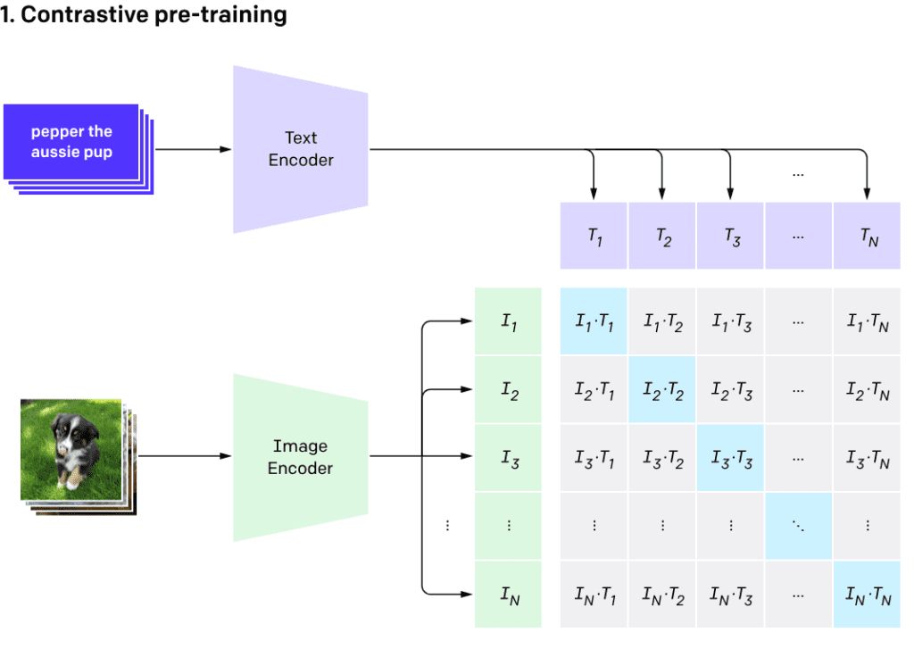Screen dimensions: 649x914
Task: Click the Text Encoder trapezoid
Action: [x=300, y=149]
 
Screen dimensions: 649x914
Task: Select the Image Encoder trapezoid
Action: [x=300, y=457]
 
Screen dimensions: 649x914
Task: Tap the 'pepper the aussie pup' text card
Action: [x=71, y=142]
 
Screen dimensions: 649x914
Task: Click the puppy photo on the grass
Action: [x=71, y=449]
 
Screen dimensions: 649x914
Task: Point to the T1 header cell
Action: [x=594, y=236]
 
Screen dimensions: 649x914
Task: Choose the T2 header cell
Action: [x=662, y=236]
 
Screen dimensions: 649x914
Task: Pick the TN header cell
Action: [x=868, y=236]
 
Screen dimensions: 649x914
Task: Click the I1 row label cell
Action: [x=509, y=321]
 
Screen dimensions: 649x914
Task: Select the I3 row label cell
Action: [x=509, y=458]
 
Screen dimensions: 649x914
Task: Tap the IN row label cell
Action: [x=509, y=595]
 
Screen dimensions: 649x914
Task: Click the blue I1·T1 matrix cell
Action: [x=594, y=321]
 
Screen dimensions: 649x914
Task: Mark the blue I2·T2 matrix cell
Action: [x=662, y=390]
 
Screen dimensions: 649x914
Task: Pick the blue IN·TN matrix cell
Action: [x=868, y=595]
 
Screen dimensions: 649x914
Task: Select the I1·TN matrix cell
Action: [x=868, y=321]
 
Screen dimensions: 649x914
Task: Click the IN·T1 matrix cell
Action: [x=594, y=595]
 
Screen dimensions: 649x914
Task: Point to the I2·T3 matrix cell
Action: [x=731, y=390]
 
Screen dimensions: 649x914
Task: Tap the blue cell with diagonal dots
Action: [x=799, y=526]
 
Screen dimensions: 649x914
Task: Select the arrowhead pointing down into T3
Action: [x=731, y=194]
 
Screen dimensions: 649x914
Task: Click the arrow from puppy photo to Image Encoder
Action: [x=183, y=457]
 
